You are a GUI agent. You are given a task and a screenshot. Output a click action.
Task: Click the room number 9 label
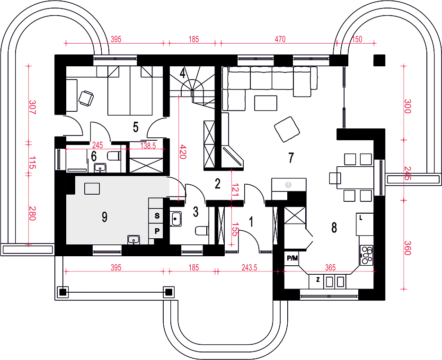point(104,217)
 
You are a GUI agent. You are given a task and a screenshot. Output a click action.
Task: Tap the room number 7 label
point(291,158)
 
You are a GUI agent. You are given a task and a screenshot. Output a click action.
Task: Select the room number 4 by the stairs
point(183,73)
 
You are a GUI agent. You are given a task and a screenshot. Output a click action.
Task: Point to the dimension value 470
point(280,39)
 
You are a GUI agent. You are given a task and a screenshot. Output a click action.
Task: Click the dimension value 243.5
point(249,268)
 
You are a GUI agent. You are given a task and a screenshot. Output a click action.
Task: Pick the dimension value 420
point(183,152)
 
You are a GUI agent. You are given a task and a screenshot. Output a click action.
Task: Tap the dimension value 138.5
point(148,146)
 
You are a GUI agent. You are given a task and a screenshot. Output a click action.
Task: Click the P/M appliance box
point(292,258)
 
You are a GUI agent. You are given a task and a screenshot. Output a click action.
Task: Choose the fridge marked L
point(365,224)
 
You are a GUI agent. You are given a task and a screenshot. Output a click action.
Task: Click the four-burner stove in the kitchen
point(366,255)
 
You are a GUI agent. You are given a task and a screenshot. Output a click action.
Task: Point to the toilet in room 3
point(202,231)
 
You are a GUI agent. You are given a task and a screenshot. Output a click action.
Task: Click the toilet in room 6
point(114,156)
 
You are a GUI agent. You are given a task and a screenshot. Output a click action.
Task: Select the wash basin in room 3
point(176,219)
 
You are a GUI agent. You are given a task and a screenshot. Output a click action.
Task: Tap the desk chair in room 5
point(86,98)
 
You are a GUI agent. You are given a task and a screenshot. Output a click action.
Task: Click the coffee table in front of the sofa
point(265,103)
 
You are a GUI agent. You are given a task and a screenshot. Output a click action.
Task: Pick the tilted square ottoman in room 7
point(287,129)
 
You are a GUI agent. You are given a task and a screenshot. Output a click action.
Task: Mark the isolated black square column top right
point(379,60)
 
